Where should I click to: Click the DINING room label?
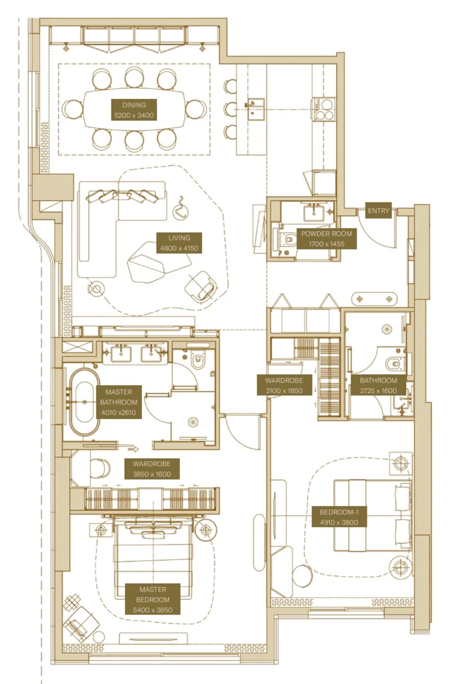[x=134, y=110]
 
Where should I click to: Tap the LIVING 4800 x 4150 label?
[x=179, y=243]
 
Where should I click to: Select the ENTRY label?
[x=378, y=211]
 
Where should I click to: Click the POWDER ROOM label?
[x=326, y=239]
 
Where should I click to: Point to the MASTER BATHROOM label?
[x=119, y=402]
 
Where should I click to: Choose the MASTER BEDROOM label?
[x=153, y=599]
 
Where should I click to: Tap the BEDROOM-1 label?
[x=339, y=517]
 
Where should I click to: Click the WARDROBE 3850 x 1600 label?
[x=151, y=469]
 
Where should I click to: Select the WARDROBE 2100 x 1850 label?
[x=284, y=385]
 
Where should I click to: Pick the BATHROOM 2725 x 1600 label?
[x=378, y=385]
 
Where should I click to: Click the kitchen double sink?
[x=255, y=109]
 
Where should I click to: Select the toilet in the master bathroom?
[x=198, y=360]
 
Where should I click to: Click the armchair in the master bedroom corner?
[x=80, y=622]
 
